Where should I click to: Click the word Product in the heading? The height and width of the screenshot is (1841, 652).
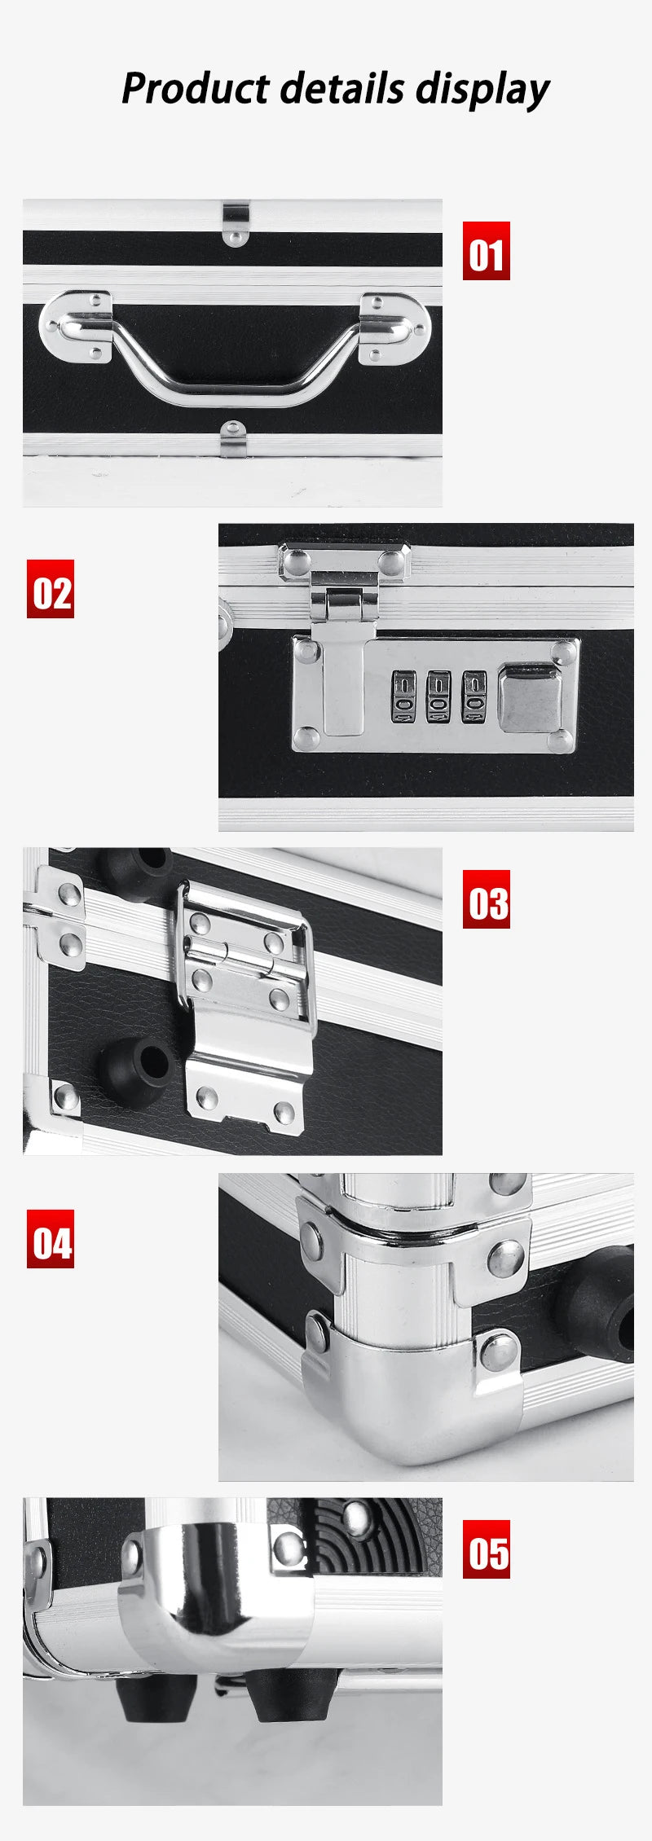point(195,88)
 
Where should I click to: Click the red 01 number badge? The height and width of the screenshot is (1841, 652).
point(486,251)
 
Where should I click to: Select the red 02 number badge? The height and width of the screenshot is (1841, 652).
point(51,588)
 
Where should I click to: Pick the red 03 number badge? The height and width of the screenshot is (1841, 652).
point(486,899)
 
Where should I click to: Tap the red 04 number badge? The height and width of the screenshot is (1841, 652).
point(51,1239)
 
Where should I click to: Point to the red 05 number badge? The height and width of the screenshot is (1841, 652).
point(486,1549)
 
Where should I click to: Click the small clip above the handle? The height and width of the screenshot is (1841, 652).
point(236,221)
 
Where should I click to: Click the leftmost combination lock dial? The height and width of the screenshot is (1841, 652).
point(403,696)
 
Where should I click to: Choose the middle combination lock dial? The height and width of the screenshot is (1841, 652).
point(438,696)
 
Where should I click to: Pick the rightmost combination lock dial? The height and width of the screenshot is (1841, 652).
point(473,696)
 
